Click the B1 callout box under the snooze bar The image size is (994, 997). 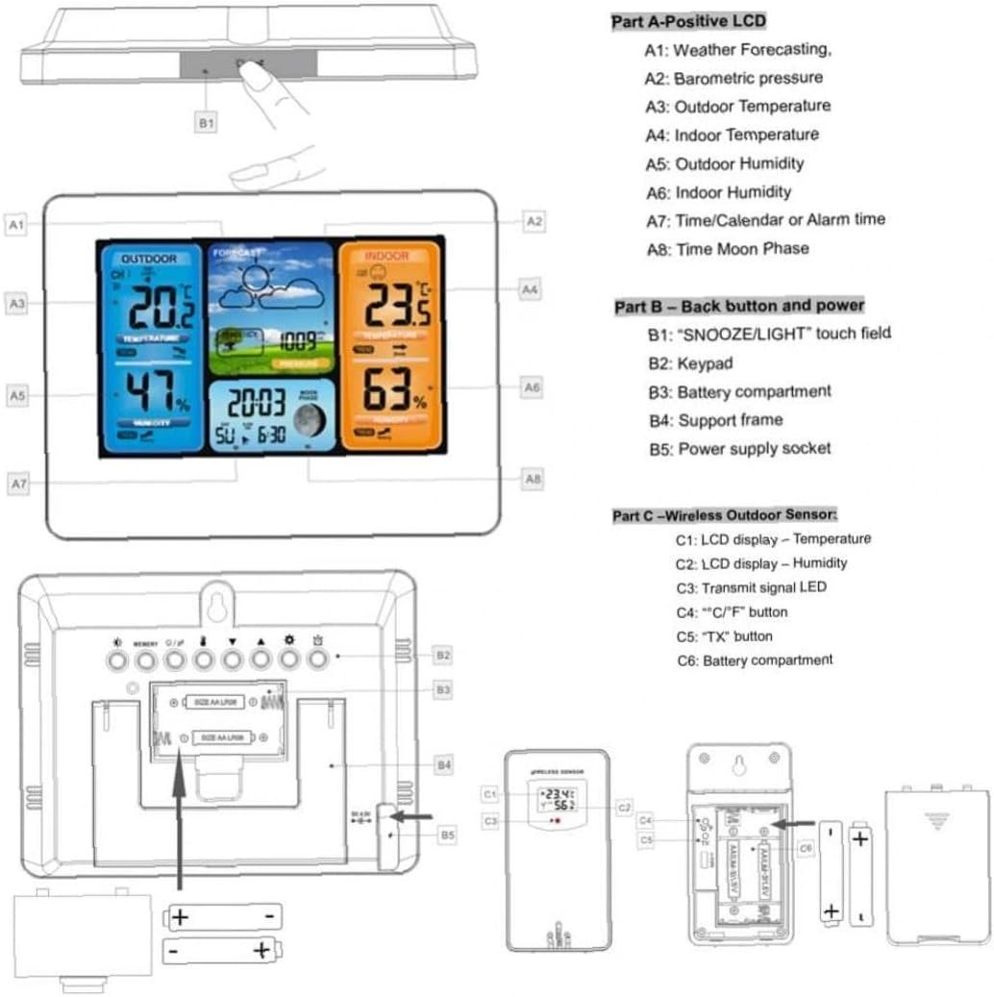click(x=207, y=123)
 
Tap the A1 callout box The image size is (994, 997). click(x=16, y=225)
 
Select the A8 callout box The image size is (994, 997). click(x=533, y=477)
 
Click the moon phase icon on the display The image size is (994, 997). click(x=310, y=419)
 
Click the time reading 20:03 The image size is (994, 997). click(x=256, y=402)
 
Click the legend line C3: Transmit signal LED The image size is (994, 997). click(x=751, y=587)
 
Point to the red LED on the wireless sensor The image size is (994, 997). click(x=554, y=823)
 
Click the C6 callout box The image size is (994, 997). click(x=805, y=847)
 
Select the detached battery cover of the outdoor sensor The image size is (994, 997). click(x=936, y=865)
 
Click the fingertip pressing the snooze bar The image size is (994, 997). click(x=253, y=77)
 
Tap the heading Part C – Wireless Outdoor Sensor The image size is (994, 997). click(x=725, y=515)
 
